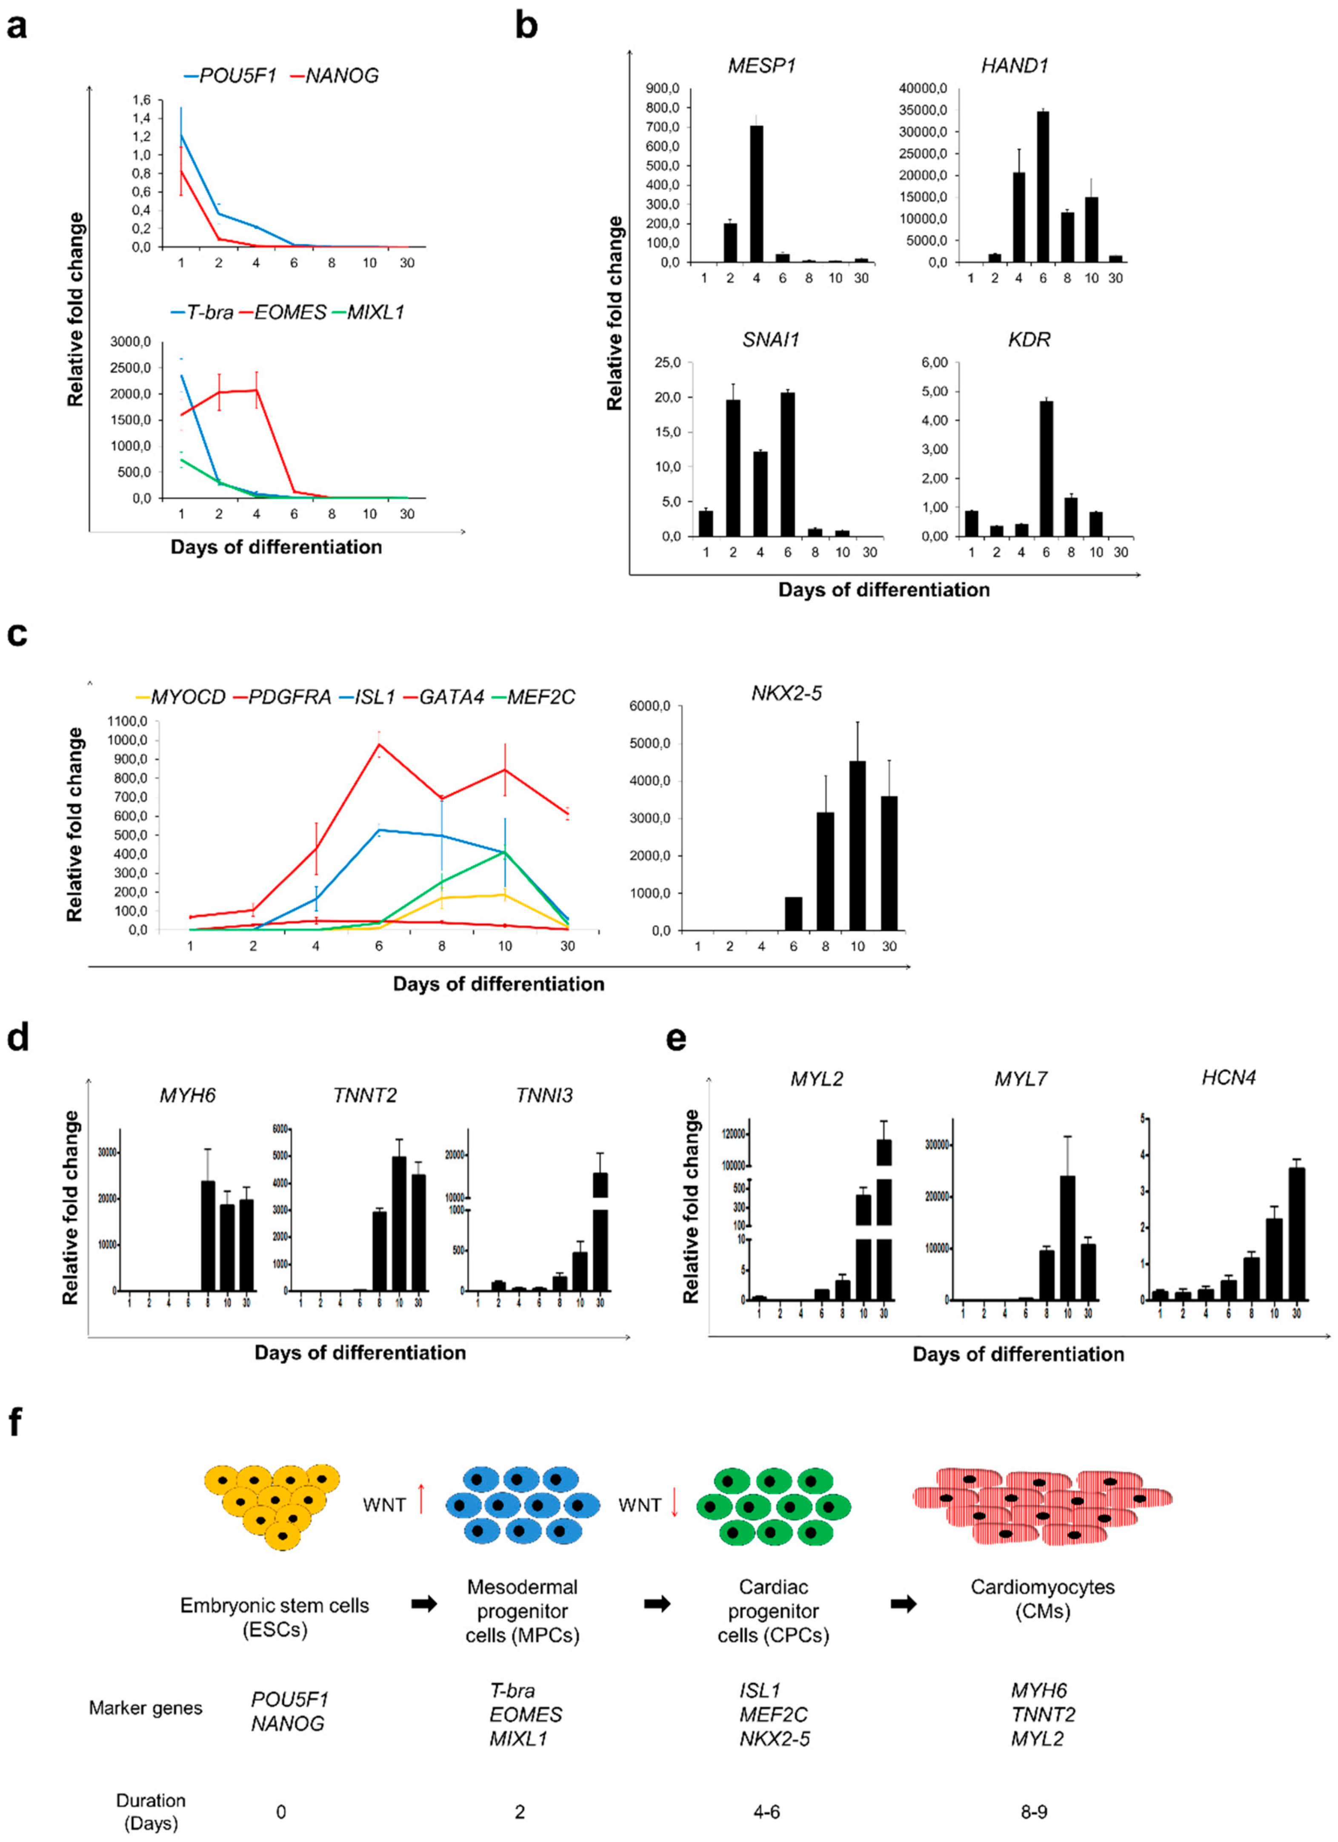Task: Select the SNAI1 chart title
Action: coord(770,339)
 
